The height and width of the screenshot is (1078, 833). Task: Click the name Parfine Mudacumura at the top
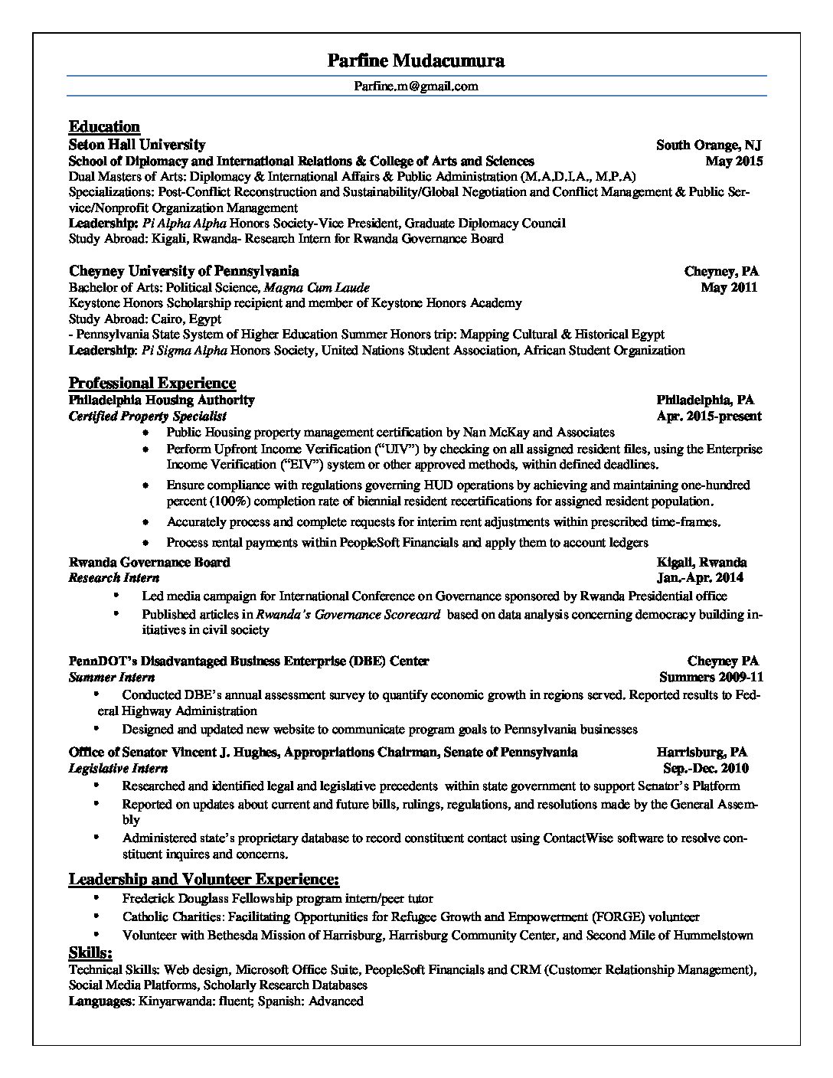point(416,60)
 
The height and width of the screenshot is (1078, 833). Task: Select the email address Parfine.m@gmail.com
point(416,86)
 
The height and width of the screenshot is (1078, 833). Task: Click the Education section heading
point(104,127)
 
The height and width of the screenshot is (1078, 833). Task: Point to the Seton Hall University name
point(137,145)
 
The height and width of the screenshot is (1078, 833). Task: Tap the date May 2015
point(733,162)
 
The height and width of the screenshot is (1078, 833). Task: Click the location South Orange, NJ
point(708,145)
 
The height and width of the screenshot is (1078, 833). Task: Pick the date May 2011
point(729,287)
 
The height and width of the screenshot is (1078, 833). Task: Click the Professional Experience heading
point(152,383)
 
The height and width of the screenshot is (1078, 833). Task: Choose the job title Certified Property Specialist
point(148,416)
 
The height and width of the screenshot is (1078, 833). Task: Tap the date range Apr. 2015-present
point(709,416)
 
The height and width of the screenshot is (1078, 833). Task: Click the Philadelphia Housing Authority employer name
point(162,400)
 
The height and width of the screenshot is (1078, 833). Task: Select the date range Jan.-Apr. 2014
point(700,578)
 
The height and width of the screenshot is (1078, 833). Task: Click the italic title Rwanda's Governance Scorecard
point(348,614)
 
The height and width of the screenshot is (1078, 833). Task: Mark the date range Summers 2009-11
point(711,677)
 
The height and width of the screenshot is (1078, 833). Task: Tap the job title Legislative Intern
point(118,768)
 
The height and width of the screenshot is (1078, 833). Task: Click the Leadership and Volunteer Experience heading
point(204,879)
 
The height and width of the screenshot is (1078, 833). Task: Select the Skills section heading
point(90,952)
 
